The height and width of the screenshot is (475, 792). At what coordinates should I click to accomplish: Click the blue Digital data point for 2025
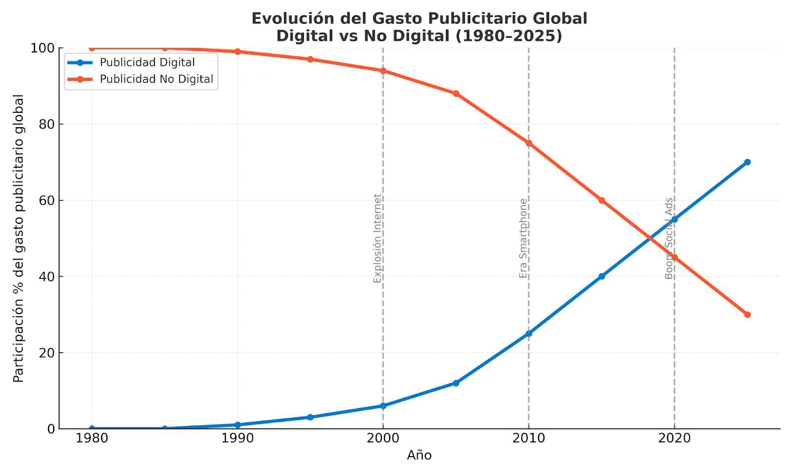click(747, 162)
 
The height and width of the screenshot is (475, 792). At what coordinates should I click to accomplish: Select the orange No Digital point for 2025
click(747, 315)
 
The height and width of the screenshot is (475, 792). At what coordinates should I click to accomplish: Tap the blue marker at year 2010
click(529, 333)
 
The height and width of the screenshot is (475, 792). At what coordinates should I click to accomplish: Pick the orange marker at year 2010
click(529, 143)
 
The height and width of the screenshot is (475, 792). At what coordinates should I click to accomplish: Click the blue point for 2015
click(601, 276)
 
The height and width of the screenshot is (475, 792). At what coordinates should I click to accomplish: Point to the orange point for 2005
click(456, 94)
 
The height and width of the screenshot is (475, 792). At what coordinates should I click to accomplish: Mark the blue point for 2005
click(456, 383)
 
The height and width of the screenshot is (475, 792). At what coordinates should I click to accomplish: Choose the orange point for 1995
click(310, 59)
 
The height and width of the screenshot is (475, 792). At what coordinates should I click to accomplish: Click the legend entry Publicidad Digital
click(147, 63)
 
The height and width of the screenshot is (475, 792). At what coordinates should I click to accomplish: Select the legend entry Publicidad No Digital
click(156, 79)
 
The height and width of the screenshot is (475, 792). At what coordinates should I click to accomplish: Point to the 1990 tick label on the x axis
click(238, 438)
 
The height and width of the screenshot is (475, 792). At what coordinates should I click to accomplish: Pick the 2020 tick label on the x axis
click(674, 438)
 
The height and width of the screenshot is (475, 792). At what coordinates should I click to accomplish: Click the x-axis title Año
click(419, 456)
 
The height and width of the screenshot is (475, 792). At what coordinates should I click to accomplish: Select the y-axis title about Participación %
click(19, 238)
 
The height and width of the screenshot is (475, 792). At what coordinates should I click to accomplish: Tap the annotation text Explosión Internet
click(378, 238)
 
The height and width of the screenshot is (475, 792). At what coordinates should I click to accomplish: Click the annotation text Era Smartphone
click(523, 238)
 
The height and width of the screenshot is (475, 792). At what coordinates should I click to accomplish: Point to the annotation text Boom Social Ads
click(669, 238)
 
